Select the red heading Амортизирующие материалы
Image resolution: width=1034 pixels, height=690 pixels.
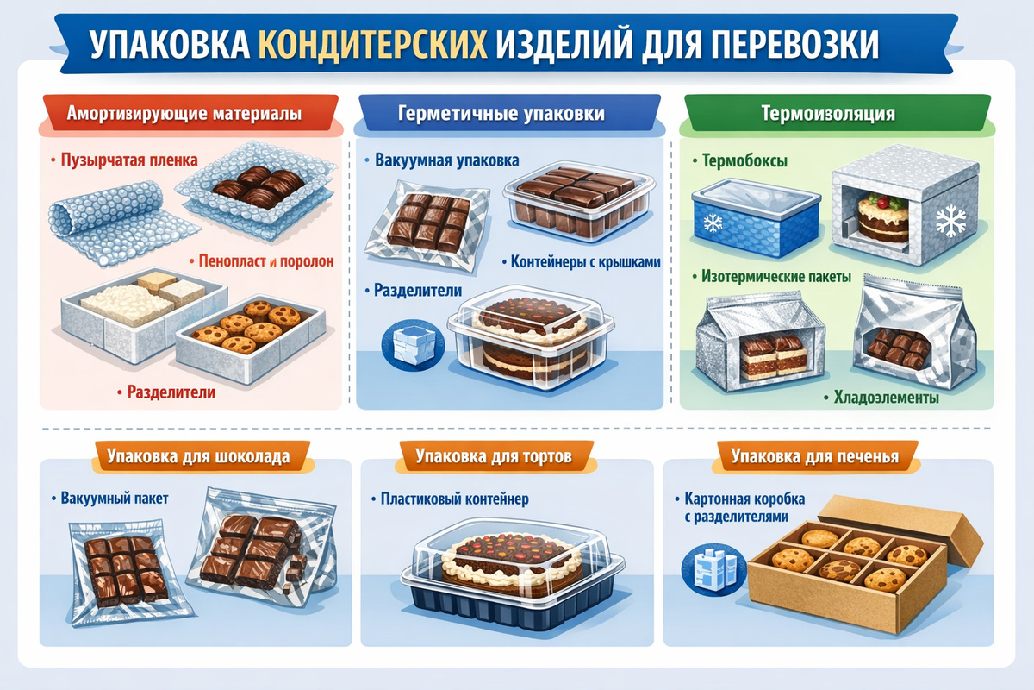(x=184, y=114)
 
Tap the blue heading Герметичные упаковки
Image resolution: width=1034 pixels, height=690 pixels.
(x=514, y=114)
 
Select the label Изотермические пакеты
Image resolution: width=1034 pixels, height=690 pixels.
(x=775, y=277)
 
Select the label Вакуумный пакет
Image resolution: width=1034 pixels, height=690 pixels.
(x=115, y=499)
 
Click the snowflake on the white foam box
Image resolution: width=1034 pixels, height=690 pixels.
(x=951, y=223)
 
